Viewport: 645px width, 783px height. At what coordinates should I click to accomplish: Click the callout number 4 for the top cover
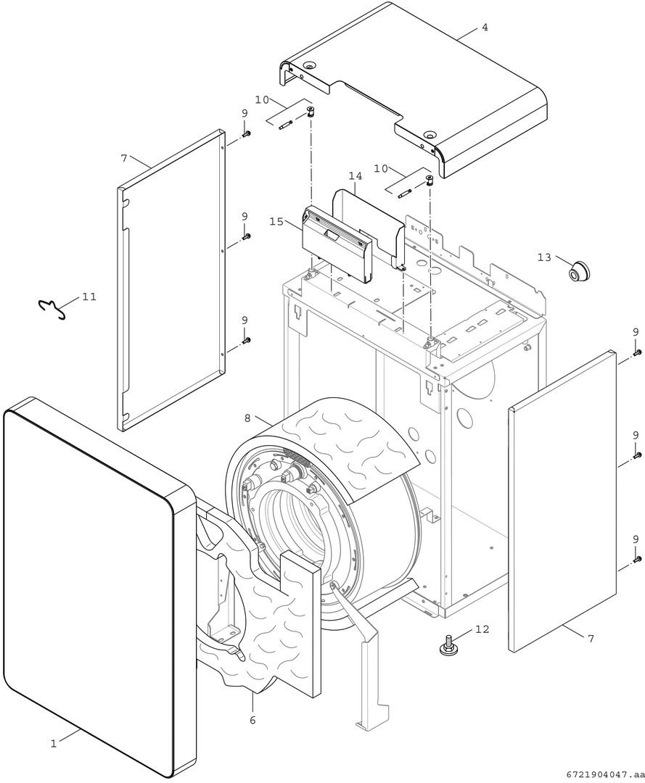pos(485,28)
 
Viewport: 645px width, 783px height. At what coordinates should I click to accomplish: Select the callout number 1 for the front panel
pos(53,743)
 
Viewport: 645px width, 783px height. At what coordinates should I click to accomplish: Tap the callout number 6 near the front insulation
pos(252,720)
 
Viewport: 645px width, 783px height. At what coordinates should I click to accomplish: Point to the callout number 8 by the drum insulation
pos(247,418)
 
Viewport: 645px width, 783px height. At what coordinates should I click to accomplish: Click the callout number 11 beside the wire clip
pos(89,297)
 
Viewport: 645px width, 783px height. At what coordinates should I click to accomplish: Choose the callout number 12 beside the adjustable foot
pos(481,629)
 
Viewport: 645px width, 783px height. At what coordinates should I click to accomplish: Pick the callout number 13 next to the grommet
pos(544,257)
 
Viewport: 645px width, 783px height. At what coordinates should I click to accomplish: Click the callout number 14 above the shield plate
pos(355,176)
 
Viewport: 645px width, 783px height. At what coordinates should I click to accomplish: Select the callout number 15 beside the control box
pos(276,221)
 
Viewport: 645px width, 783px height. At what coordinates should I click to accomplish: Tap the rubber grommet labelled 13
pos(578,270)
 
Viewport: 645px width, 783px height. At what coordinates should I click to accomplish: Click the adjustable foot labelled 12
pos(448,645)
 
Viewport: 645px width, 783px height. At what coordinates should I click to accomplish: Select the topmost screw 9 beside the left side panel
pos(246,134)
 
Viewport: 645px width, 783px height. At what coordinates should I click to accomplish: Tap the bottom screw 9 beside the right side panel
pos(637,559)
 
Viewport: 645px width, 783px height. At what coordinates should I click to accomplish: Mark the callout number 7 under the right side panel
pos(591,638)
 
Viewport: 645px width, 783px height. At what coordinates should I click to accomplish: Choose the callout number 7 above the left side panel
pos(124,157)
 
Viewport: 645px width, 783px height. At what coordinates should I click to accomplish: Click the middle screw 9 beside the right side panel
pos(637,455)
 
